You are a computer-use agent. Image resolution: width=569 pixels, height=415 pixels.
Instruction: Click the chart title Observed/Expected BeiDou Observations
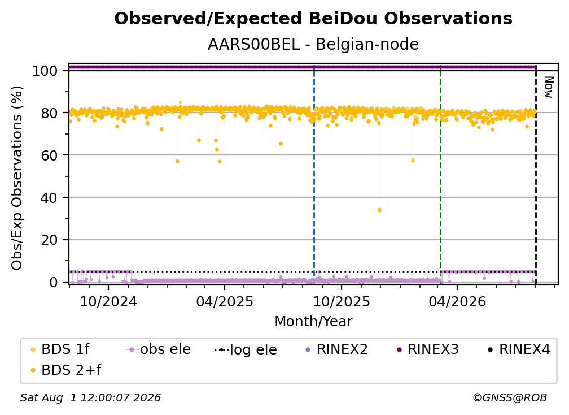pyautogui.click(x=313, y=19)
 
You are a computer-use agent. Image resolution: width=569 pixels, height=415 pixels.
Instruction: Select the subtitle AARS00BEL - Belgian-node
pyautogui.click(x=313, y=44)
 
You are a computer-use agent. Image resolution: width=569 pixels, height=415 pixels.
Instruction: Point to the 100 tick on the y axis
pyautogui.click(x=45, y=71)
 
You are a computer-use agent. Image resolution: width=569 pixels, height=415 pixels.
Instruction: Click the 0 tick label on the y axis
pyautogui.click(x=54, y=282)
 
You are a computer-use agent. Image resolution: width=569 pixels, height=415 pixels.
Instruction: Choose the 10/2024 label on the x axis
pyautogui.click(x=108, y=301)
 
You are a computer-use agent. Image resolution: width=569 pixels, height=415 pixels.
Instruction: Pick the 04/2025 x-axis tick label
pyautogui.click(x=225, y=301)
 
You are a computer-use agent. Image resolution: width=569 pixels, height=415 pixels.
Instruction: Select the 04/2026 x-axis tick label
pyautogui.click(x=457, y=301)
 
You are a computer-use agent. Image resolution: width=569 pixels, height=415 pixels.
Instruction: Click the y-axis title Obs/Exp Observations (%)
pyautogui.click(x=17, y=178)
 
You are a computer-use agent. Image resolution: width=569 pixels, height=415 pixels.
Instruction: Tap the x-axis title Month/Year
pyautogui.click(x=313, y=321)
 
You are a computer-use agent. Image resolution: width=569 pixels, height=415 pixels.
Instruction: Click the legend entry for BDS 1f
pyautogui.click(x=60, y=349)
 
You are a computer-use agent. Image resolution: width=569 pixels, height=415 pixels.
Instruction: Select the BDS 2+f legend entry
pyautogui.click(x=65, y=370)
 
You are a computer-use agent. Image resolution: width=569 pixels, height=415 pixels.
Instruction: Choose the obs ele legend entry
pyautogui.click(x=158, y=349)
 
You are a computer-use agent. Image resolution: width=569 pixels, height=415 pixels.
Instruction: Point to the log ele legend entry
pyautogui.click(x=246, y=349)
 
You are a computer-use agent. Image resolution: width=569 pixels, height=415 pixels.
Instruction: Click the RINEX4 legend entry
pyautogui.click(x=519, y=349)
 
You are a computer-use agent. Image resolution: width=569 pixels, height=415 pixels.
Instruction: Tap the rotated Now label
pyautogui.click(x=549, y=87)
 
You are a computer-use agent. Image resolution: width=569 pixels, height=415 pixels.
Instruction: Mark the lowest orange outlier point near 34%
pyautogui.click(x=379, y=210)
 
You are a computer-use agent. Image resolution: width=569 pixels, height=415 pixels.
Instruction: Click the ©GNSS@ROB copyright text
pyautogui.click(x=510, y=397)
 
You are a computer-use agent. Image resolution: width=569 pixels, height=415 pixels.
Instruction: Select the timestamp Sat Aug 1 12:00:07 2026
pyautogui.click(x=90, y=397)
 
